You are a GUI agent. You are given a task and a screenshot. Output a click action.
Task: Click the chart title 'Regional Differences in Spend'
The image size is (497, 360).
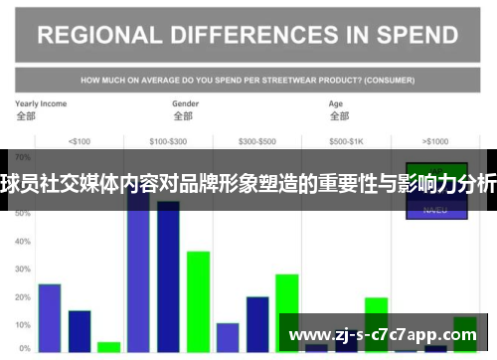pos(248,36)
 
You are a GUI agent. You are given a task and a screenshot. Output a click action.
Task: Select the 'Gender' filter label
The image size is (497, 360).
pos(186,103)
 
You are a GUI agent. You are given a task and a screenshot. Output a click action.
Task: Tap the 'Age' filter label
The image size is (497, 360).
pos(337,103)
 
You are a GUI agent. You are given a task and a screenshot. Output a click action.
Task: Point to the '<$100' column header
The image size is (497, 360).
pos(79,141)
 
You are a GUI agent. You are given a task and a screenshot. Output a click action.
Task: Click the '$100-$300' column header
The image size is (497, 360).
pos(167,141)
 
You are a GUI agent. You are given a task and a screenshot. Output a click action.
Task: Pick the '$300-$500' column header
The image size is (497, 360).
pos(256,141)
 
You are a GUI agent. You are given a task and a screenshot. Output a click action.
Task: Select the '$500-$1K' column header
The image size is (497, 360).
pos(347,141)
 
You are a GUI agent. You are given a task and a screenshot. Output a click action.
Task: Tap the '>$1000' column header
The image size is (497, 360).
pos(435,141)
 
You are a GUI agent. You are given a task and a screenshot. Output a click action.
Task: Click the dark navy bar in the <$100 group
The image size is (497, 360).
pos(80,331)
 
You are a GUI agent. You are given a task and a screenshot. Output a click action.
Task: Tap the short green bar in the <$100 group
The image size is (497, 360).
pos(109,347)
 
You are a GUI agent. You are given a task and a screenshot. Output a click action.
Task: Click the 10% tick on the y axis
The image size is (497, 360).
pos(23,325)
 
